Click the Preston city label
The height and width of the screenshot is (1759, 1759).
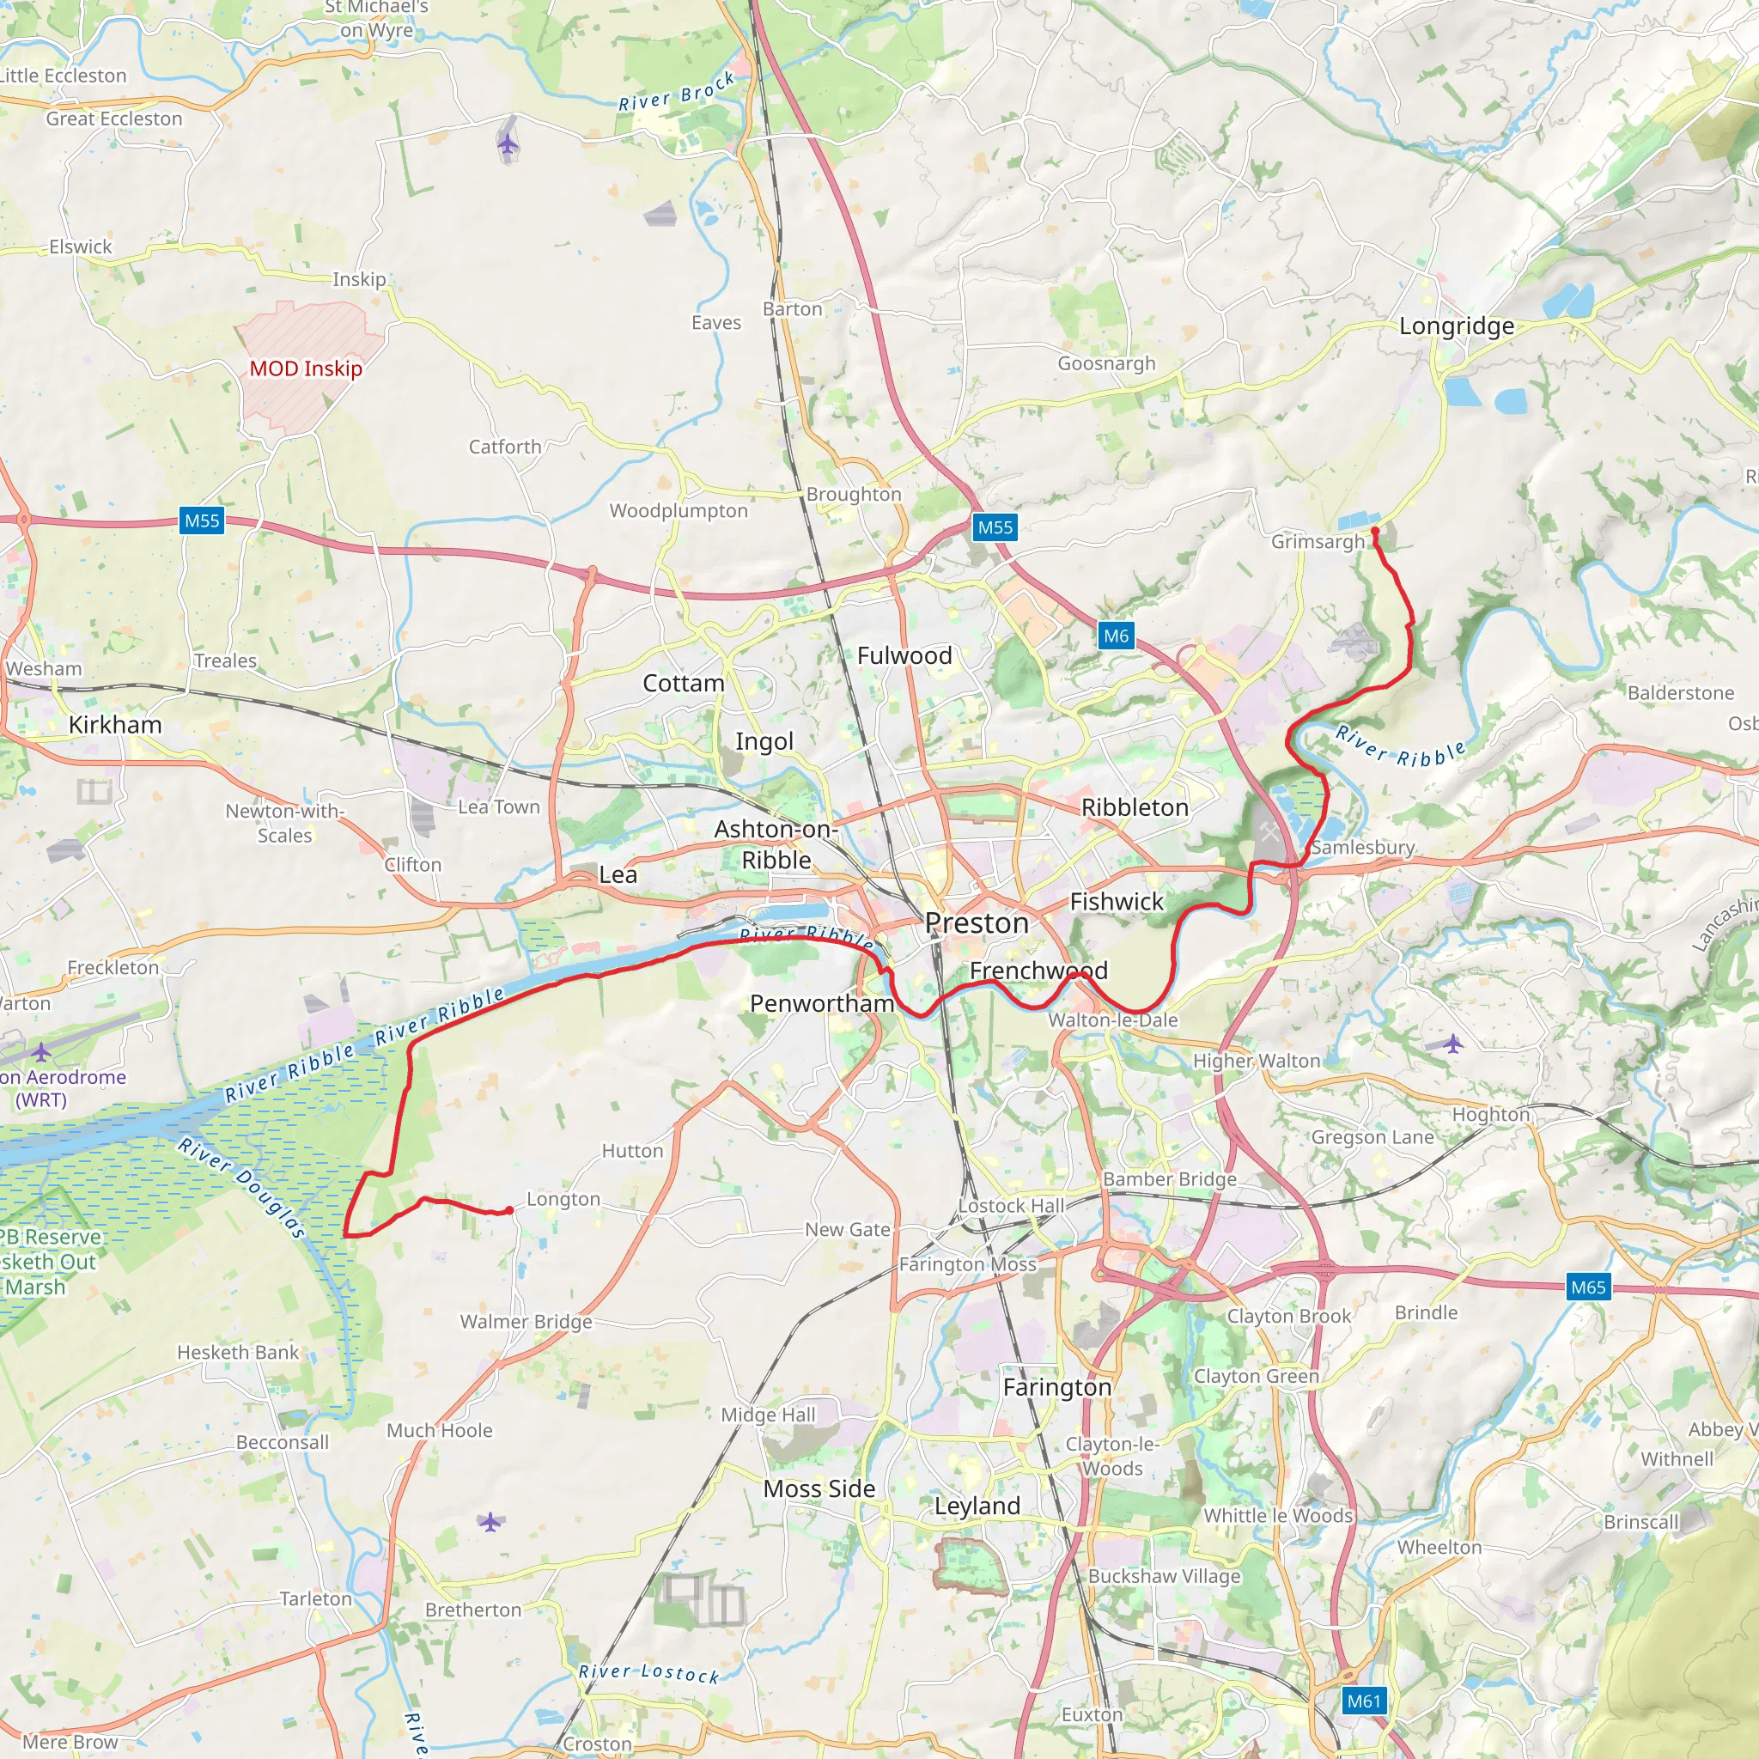(x=977, y=923)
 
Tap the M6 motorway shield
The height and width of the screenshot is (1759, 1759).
(x=1117, y=636)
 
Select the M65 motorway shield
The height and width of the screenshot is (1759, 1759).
(x=1588, y=1287)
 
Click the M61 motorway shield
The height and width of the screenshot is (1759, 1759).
(x=1364, y=1700)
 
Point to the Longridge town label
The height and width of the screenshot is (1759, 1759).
(x=1457, y=326)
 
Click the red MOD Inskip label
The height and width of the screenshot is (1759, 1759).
(x=306, y=368)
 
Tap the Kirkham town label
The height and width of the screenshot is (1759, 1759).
(x=115, y=725)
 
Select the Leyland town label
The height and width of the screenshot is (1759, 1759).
(x=977, y=1505)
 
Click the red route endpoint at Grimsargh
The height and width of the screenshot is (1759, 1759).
(x=1375, y=531)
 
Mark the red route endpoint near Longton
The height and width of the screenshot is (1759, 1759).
(x=510, y=1210)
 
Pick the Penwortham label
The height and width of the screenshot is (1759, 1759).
(x=822, y=1003)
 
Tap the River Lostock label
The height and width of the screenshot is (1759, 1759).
(x=648, y=1673)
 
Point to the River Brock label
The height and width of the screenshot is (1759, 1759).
(x=677, y=92)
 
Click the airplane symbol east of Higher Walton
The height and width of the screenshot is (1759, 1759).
(x=1453, y=1044)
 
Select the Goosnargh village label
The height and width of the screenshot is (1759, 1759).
(x=1106, y=363)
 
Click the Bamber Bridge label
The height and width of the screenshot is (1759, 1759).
(x=1170, y=1179)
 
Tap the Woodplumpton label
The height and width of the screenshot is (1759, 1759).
(x=679, y=511)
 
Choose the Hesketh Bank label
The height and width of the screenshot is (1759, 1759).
(x=238, y=1352)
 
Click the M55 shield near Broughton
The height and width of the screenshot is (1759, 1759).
(x=995, y=527)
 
